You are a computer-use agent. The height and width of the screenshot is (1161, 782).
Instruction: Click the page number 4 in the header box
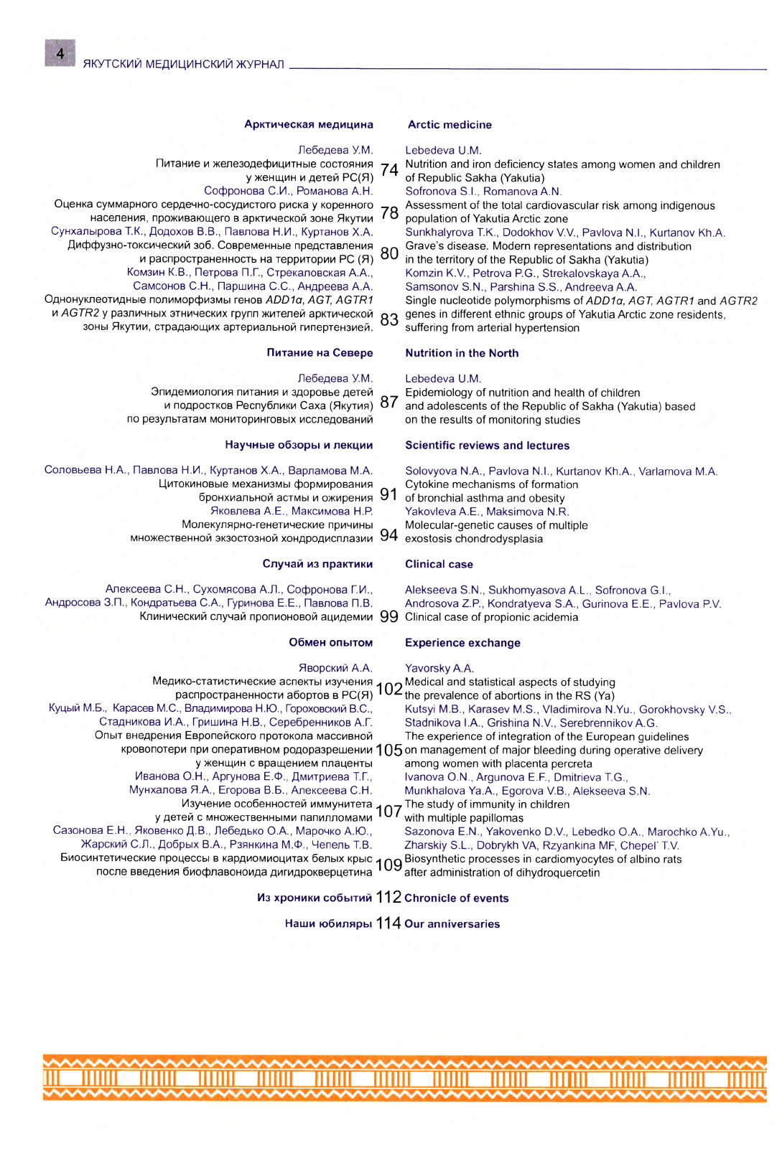pos(60,53)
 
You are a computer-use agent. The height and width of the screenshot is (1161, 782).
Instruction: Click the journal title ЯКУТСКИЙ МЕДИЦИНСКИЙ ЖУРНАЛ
pos(183,65)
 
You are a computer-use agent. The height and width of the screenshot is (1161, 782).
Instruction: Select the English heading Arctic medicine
pos(450,125)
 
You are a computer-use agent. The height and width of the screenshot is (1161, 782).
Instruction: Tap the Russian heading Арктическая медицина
pos(308,124)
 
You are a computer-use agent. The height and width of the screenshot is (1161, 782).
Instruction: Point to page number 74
pos(389,170)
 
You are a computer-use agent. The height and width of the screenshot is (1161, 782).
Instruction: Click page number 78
pos(389,212)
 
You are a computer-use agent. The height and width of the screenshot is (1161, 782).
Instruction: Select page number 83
pos(389,320)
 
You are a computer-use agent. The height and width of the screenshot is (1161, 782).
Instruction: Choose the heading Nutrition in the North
pos(462,353)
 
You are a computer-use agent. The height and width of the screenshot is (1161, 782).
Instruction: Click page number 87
pos(389,402)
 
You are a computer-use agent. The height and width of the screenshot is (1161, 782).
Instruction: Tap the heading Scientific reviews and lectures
pos(487,446)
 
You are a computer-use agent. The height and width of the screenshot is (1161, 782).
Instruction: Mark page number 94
pos(389,535)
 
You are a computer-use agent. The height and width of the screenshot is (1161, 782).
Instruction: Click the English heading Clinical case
pos(439,565)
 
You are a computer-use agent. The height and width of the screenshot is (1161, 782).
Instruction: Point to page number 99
pos(389,617)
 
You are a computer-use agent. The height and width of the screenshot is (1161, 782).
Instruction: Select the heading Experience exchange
pos(462,643)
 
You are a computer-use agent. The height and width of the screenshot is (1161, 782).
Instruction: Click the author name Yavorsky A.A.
pos(439,669)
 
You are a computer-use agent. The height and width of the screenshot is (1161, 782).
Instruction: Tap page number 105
pos(389,751)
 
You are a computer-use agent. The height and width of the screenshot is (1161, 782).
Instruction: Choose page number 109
pos(389,865)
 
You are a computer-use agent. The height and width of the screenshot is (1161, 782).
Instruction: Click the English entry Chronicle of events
pos(456,898)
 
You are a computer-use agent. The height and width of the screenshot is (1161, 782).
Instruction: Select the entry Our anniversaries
pos(452,924)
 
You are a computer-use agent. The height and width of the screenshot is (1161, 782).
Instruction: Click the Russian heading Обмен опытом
pos(330,642)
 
